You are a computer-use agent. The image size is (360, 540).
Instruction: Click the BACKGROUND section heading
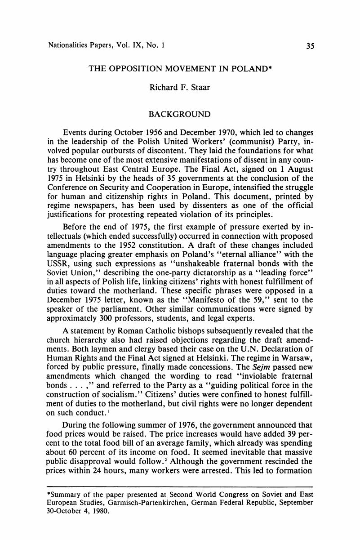point(179,114)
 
